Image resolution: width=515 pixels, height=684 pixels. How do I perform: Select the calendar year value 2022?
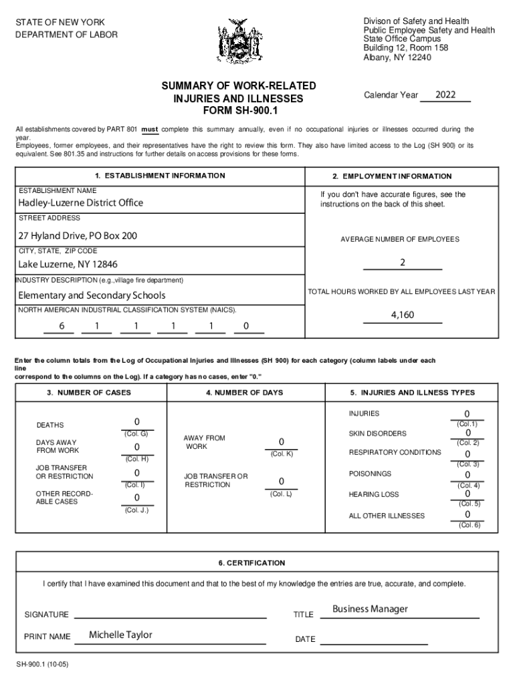click(445, 95)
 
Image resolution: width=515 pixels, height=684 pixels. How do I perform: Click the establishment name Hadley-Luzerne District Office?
click(80, 202)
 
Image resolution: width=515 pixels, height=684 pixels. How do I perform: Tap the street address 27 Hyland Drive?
click(78, 236)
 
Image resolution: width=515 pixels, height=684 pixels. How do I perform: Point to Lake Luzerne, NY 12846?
click(68, 265)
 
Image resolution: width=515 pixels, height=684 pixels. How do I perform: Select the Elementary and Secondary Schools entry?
click(92, 295)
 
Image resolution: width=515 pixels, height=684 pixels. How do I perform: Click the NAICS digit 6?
click(62, 326)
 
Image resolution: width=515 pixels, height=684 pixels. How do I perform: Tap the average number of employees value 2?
click(403, 263)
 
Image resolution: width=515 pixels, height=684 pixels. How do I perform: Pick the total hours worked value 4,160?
click(403, 315)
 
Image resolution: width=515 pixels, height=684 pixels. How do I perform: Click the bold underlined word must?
click(150, 130)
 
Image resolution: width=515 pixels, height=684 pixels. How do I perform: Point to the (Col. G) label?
click(136, 434)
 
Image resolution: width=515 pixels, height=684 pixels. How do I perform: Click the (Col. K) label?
click(282, 454)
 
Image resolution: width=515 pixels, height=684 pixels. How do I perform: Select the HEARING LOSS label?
click(374, 494)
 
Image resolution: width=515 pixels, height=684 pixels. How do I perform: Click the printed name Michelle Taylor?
click(120, 635)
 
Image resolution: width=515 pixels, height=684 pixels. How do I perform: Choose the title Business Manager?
click(370, 609)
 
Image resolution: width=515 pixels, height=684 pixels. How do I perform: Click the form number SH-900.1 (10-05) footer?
click(44, 667)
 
